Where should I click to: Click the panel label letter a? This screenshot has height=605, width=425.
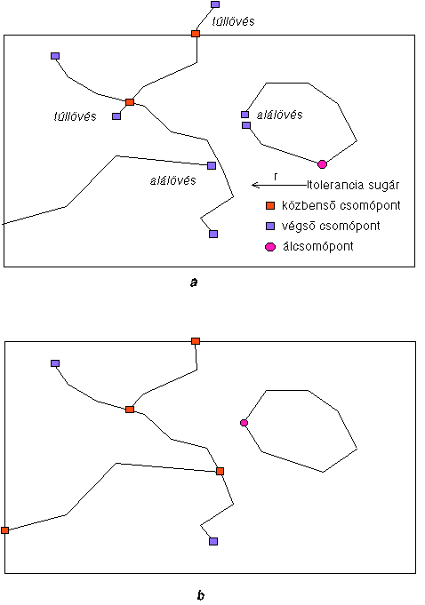tap(194, 283)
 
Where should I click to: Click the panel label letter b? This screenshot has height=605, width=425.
tap(201, 595)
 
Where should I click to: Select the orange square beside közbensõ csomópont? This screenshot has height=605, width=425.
tap(270, 205)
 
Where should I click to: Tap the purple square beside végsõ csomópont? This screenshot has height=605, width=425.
tap(270, 227)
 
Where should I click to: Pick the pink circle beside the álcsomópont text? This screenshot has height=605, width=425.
tap(270, 247)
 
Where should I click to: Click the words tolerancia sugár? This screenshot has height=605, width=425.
tap(354, 186)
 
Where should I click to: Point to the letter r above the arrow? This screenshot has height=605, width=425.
tap(276, 177)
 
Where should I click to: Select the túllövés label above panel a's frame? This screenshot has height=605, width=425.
tap(234, 21)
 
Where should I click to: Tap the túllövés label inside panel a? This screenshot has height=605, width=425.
tap(76, 116)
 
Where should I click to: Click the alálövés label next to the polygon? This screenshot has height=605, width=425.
tap(280, 115)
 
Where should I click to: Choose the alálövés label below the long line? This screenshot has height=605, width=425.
tap(172, 180)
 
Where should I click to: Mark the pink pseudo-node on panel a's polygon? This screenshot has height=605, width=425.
tap(323, 164)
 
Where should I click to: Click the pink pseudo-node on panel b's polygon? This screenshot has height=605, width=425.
tap(244, 423)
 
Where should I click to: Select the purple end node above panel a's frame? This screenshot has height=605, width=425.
tap(215, 4)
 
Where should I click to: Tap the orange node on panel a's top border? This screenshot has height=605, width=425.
tap(196, 34)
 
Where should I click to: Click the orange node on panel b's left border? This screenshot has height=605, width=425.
tap(4, 530)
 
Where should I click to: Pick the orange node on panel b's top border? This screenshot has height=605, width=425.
tap(196, 341)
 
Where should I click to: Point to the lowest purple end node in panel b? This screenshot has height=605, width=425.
tap(213, 541)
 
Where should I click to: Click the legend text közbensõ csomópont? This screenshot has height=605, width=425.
tap(341, 205)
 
